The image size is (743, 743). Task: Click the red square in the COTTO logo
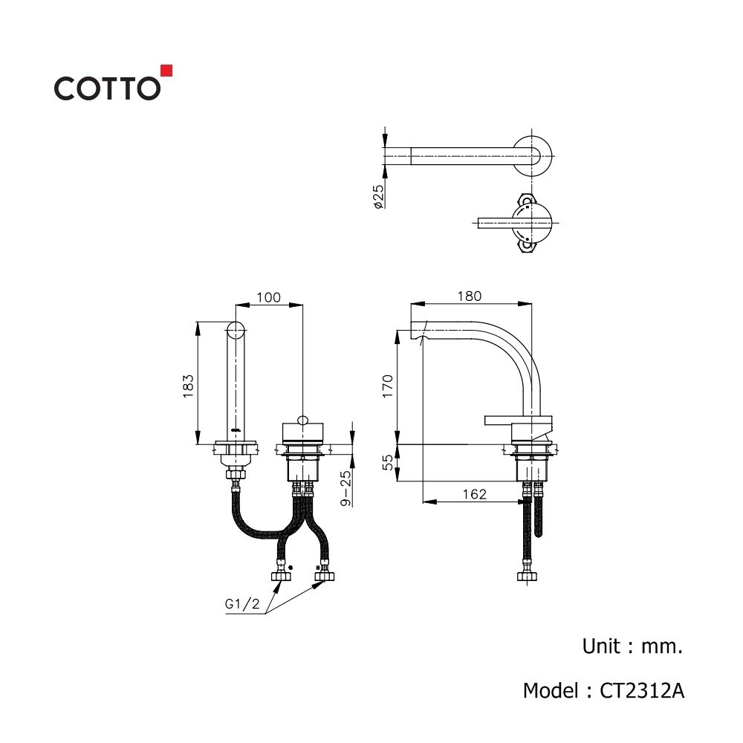(166, 71)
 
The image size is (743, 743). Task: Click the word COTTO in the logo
(107, 88)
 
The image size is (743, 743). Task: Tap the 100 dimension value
(269, 298)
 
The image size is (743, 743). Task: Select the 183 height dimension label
(189, 386)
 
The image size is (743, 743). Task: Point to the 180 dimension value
(470, 296)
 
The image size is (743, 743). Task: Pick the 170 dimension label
(388, 386)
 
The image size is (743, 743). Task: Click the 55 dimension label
(388, 462)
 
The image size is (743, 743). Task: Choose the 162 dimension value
(474, 494)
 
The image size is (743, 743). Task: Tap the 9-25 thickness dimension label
(346, 488)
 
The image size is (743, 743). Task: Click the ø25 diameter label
(378, 197)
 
